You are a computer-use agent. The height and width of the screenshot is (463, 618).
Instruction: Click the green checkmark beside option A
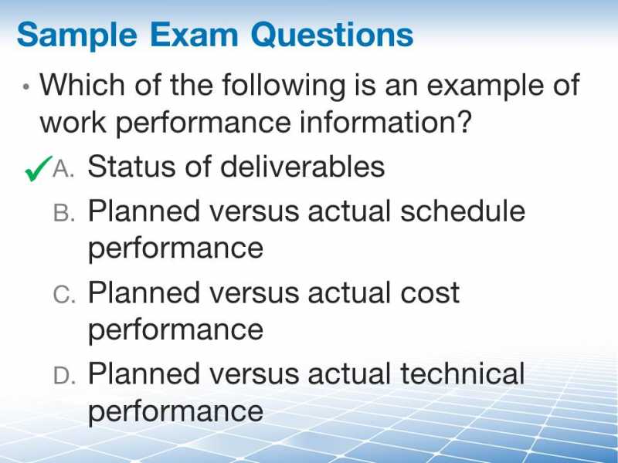pyautogui.click(x=38, y=168)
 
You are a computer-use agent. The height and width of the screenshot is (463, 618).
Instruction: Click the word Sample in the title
pyautogui.click(x=76, y=35)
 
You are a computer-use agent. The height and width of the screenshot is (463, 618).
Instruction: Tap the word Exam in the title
pyautogui.click(x=194, y=35)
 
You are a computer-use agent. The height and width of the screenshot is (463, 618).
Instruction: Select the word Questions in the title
pyautogui.click(x=332, y=35)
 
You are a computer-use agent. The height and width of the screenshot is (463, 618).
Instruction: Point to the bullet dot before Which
pyautogui.click(x=26, y=86)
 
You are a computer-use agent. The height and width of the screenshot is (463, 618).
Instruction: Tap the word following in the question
pyautogui.click(x=284, y=86)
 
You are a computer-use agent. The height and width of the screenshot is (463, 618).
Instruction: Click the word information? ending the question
pyautogui.click(x=385, y=122)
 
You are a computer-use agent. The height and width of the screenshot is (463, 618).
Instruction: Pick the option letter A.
pyautogui.click(x=63, y=169)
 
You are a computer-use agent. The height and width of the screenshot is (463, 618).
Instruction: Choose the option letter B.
pyautogui.click(x=64, y=213)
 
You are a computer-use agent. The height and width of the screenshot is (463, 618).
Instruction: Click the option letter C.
pyautogui.click(x=64, y=295)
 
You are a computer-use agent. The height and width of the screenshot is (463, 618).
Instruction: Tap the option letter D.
pyautogui.click(x=64, y=376)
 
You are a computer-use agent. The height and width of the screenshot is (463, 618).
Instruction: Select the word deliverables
pyautogui.click(x=302, y=166)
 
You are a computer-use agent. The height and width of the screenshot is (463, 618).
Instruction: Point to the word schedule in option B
pyautogui.click(x=462, y=210)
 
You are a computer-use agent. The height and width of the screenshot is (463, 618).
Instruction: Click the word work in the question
pyautogui.click(x=73, y=122)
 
